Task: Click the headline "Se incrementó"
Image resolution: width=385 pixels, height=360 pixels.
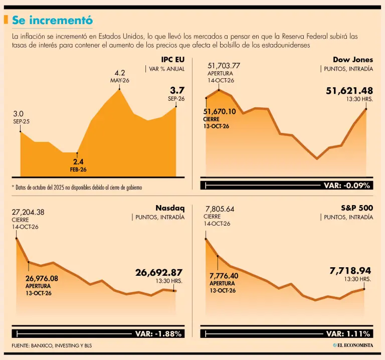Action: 52,20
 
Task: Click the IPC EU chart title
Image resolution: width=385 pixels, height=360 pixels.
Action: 172,60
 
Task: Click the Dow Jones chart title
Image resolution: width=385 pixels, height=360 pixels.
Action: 353,60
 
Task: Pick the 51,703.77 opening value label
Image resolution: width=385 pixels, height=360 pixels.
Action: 224,66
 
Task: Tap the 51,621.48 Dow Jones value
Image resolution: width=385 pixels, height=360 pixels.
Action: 349,91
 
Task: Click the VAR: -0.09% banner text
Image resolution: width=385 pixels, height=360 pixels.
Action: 347,186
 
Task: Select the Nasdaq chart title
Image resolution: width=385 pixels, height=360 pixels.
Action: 170,208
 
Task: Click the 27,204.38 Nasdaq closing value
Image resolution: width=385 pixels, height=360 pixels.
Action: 28,212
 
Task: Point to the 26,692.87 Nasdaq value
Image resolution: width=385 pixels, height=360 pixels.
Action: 159,273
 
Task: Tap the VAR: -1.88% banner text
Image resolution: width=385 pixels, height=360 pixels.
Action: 158,334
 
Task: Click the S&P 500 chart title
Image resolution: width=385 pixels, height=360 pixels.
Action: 357,208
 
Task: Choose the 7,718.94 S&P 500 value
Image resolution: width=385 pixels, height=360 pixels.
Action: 350,271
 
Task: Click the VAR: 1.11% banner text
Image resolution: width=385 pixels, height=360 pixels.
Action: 348,334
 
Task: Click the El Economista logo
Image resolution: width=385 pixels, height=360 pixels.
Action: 353,345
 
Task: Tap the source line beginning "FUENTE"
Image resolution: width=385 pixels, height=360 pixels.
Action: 52,345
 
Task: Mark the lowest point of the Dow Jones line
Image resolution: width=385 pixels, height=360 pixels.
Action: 317,158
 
